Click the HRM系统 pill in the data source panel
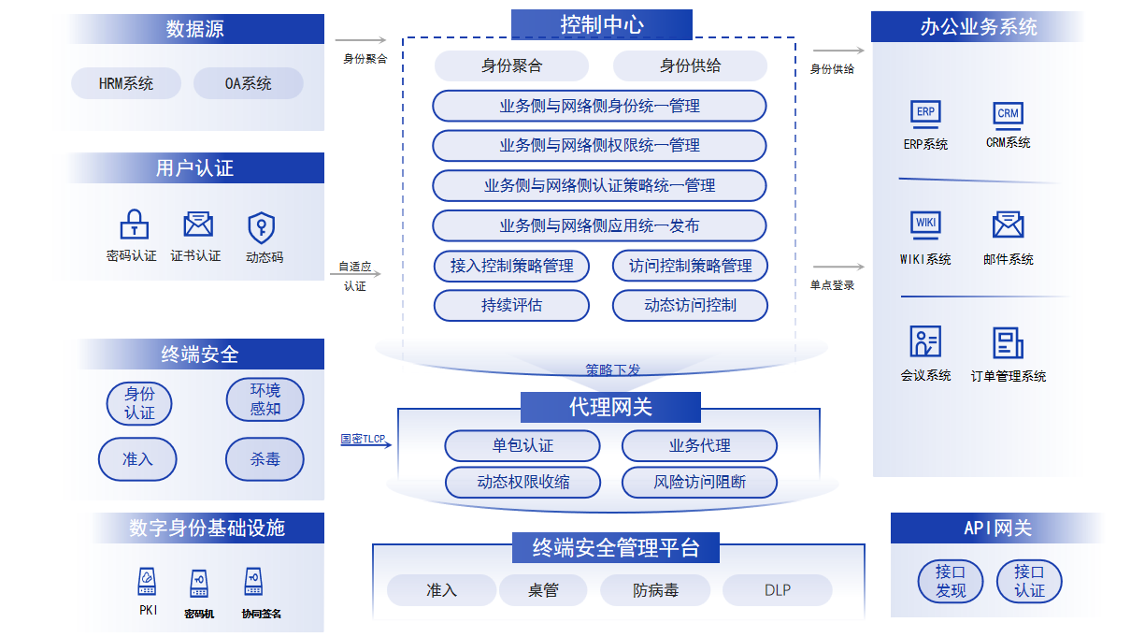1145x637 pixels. pos(126,83)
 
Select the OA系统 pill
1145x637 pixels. pos(249,83)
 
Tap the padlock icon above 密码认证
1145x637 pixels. pos(134,224)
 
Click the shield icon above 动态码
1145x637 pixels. pos(261,227)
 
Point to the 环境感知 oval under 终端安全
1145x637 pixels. pos(265,399)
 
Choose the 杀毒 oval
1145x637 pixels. pos(265,459)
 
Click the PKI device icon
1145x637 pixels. pos(147,581)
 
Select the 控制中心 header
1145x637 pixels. pos(602,24)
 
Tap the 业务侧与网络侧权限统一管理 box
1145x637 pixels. pos(599,146)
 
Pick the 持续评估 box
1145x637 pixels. pos(511,306)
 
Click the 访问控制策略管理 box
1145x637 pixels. pos(690,266)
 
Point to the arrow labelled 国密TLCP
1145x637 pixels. pos(366,444)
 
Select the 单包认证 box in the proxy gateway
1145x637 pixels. pos(522,445)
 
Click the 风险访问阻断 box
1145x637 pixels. pos(699,482)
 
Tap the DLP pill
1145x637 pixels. pos(777,590)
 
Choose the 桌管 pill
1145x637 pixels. pos(543,590)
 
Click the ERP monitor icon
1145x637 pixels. pos(925,113)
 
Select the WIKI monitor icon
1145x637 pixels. pos(925,224)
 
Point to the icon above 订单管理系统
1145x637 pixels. pos(1008,342)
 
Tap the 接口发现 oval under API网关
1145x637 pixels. pos(951,581)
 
